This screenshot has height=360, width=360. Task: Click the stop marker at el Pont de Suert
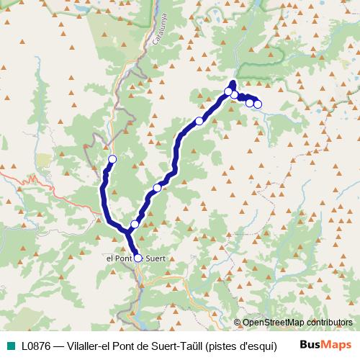pyautogui.click(x=138, y=257)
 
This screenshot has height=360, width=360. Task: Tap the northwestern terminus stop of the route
pyautogui.click(x=112, y=159)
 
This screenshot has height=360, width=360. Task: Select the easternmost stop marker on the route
pyautogui.click(x=258, y=105)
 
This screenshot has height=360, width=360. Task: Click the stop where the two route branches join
pyautogui.click(x=135, y=225)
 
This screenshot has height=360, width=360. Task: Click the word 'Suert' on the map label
pyautogui.click(x=156, y=257)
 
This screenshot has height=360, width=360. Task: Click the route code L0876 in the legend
pyautogui.click(x=37, y=346)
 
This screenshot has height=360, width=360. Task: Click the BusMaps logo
pyautogui.click(x=325, y=345)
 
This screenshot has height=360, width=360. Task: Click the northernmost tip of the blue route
pyautogui.click(x=233, y=81)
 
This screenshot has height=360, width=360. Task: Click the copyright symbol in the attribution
pyautogui.click(x=237, y=323)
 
